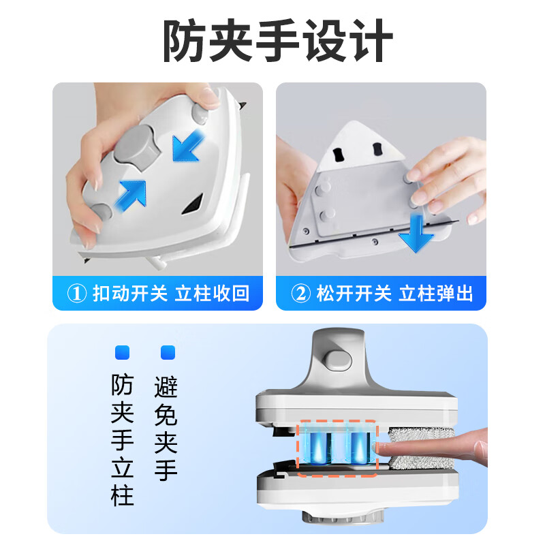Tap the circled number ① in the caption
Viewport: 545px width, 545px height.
(77, 294)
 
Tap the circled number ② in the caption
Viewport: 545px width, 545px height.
(300, 294)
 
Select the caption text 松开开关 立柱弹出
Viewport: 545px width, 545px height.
(395, 294)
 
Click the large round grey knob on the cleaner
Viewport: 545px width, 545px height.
(135, 149)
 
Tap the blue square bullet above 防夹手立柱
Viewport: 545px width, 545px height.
(123, 353)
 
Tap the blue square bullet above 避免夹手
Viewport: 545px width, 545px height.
(167, 353)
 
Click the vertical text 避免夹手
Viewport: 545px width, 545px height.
(167, 429)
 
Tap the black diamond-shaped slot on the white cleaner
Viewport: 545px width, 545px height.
(194, 202)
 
